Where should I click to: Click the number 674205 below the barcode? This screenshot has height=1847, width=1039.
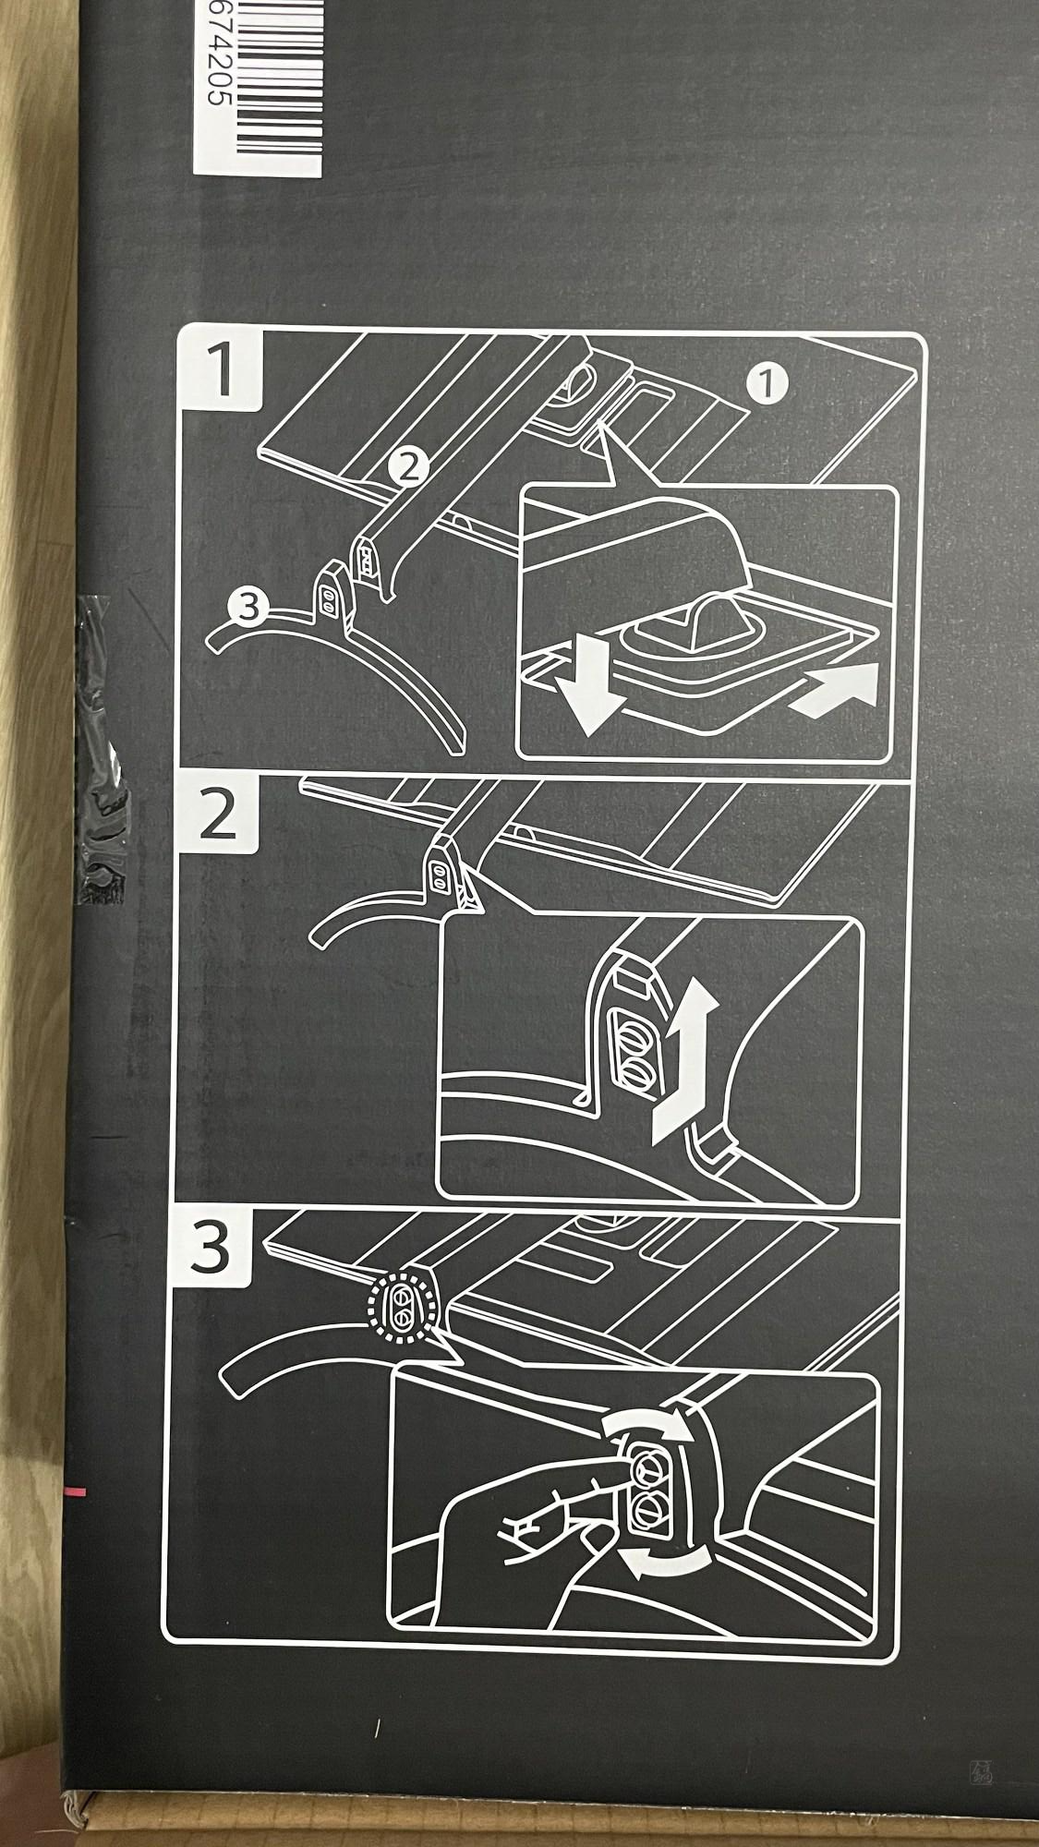click(211, 83)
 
